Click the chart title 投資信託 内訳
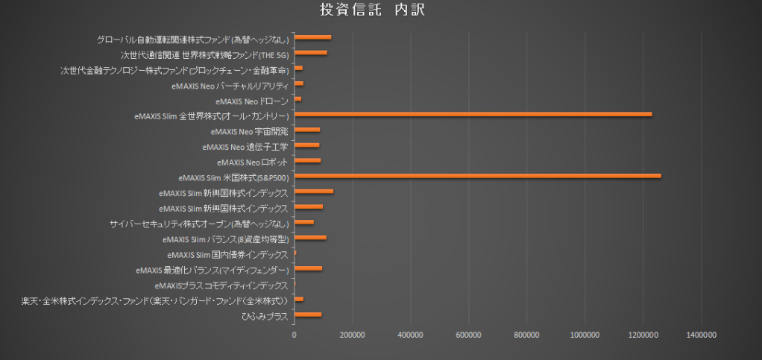click(x=372, y=10)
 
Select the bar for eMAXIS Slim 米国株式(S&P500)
click(x=478, y=176)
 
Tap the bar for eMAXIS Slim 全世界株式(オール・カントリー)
click(x=473, y=114)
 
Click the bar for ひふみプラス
click(x=308, y=315)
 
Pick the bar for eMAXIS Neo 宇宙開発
click(x=307, y=130)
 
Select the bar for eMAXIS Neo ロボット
click(x=307, y=160)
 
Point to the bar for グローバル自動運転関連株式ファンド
click(x=312, y=37)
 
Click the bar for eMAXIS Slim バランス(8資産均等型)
click(x=310, y=238)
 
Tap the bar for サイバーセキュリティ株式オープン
click(x=304, y=222)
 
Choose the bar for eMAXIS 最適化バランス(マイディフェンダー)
click(x=308, y=268)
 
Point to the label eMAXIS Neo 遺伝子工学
click(x=245, y=146)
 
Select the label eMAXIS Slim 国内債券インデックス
click(x=227, y=254)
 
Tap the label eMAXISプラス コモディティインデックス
click(x=221, y=285)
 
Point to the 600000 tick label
click(x=469, y=335)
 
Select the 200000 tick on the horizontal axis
click(x=353, y=335)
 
